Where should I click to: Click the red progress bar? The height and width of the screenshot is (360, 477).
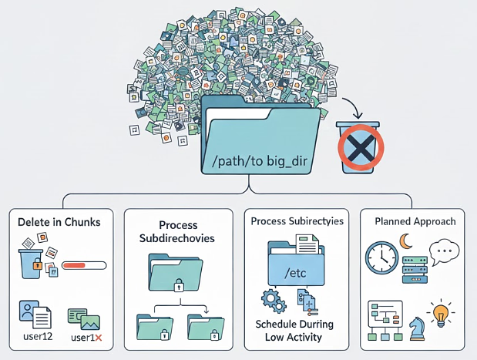(x=82, y=265)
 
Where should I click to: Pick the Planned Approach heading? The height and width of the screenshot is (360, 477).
(x=415, y=221)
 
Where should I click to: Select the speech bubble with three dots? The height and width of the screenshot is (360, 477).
(x=445, y=252)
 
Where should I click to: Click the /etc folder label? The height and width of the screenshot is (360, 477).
(x=296, y=272)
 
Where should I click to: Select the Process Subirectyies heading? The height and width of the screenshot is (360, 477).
(x=297, y=220)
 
